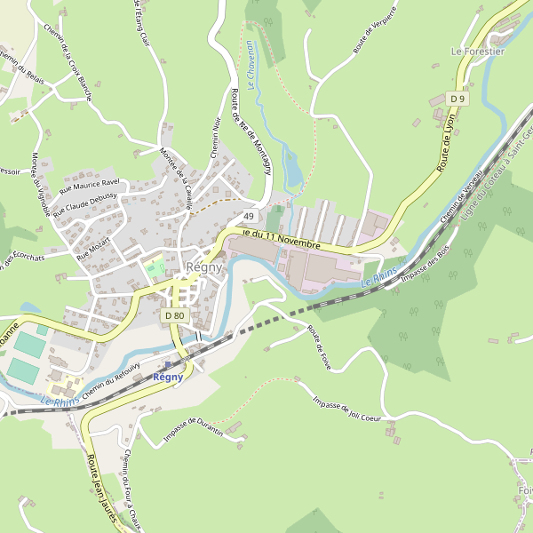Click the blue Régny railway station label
click(168, 377)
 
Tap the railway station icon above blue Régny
click(168, 364)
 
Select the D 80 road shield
click(174, 315)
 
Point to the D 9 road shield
click(457, 98)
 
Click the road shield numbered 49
click(249, 217)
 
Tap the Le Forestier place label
click(478, 52)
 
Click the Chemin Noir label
click(215, 138)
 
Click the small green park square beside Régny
click(155, 266)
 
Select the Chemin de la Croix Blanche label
click(79, 72)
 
